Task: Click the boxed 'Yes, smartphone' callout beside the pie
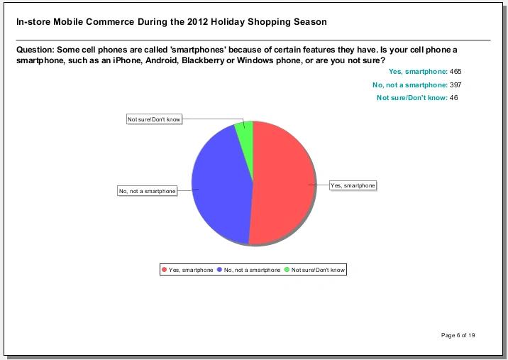353,185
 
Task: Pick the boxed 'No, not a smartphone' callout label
148,191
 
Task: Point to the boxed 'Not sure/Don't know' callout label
154,119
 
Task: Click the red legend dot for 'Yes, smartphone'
165,270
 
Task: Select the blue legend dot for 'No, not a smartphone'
219,270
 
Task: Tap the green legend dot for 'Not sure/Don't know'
287,270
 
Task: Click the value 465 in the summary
455,72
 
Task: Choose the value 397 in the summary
455,85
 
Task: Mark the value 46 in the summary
453,98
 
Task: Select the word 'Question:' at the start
35,50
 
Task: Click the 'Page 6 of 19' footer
458,335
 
